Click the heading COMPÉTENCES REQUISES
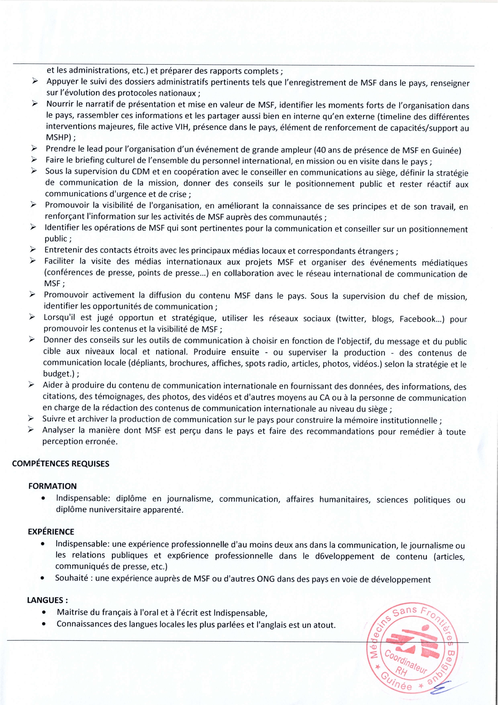point(61,464)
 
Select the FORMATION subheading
point(52,486)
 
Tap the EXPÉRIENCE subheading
point(51,531)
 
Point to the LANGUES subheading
point(47,600)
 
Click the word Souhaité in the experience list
point(71,578)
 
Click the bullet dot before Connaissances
point(43,625)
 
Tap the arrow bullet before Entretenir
point(33,250)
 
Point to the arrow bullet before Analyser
point(31,430)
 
